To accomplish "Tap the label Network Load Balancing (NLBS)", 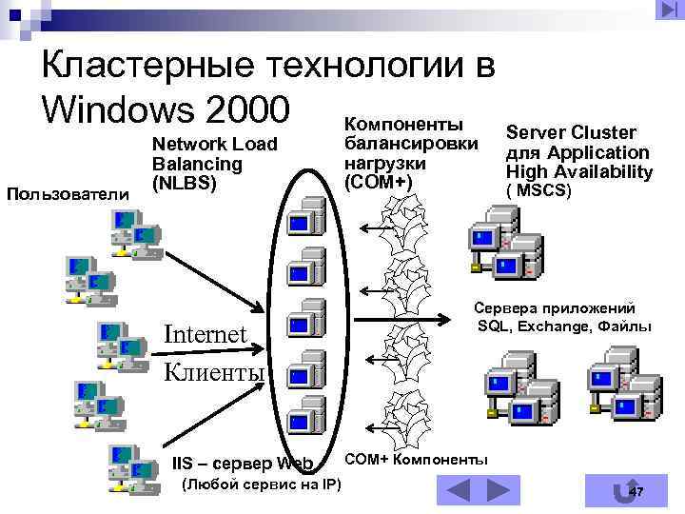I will point(214,163).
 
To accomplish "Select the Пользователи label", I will point(68,195).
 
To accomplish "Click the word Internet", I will point(205,334).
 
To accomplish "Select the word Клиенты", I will point(214,370).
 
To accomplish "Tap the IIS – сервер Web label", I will point(243,464).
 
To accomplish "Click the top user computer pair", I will point(133,232).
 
